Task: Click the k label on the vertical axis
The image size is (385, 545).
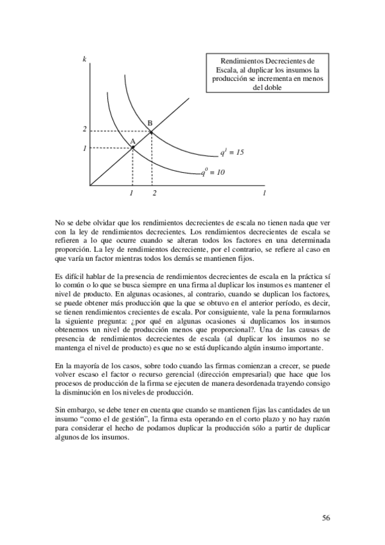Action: [x=85, y=60]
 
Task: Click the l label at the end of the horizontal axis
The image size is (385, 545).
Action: [x=264, y=193]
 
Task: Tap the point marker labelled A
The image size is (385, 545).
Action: [x=132, y=148]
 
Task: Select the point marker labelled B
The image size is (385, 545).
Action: [x=151, y=132]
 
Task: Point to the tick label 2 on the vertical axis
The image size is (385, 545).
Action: [x=84, y=130]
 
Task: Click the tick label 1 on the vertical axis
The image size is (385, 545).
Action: [x=84, y=148]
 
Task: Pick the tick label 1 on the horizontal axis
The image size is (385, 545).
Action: [x=132, y=193]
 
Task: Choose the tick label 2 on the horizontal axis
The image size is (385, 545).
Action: [x=154, y=193]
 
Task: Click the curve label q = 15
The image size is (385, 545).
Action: [x=232, y=153]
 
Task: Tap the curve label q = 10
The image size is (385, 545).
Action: [x=213, y=172]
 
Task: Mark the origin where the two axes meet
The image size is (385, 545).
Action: [x=91, y=186]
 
